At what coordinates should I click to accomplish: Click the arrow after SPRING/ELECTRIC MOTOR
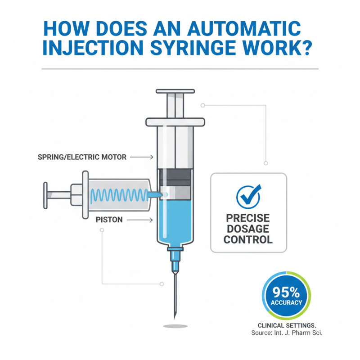(145, 157)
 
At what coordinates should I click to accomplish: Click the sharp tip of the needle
(175, 317)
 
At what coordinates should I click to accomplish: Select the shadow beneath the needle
(175, 326)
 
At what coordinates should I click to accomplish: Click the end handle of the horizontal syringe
(45, 195)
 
